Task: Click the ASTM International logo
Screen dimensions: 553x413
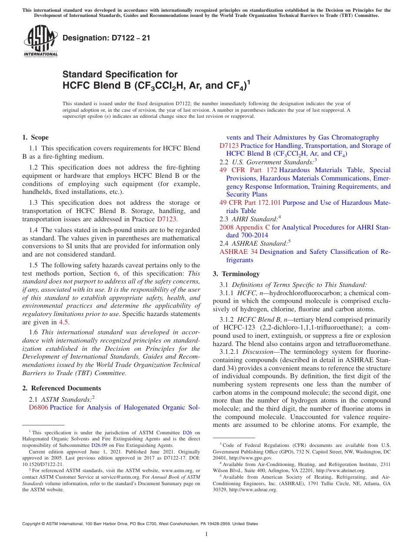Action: [x=40, y=42]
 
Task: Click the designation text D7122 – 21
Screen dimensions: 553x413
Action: [x=107, y=38]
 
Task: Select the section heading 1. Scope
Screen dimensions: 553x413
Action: [x=36, y=137]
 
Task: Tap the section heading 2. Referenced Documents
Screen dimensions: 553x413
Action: [x=62, y=388]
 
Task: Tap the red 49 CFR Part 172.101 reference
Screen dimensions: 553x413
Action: [x=250, y=203]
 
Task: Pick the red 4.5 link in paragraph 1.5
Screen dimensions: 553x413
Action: [x=64, y=322]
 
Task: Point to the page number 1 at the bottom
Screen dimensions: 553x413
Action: [x=207, y=534]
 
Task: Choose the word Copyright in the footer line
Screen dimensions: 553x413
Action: [x=33, y=524]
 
